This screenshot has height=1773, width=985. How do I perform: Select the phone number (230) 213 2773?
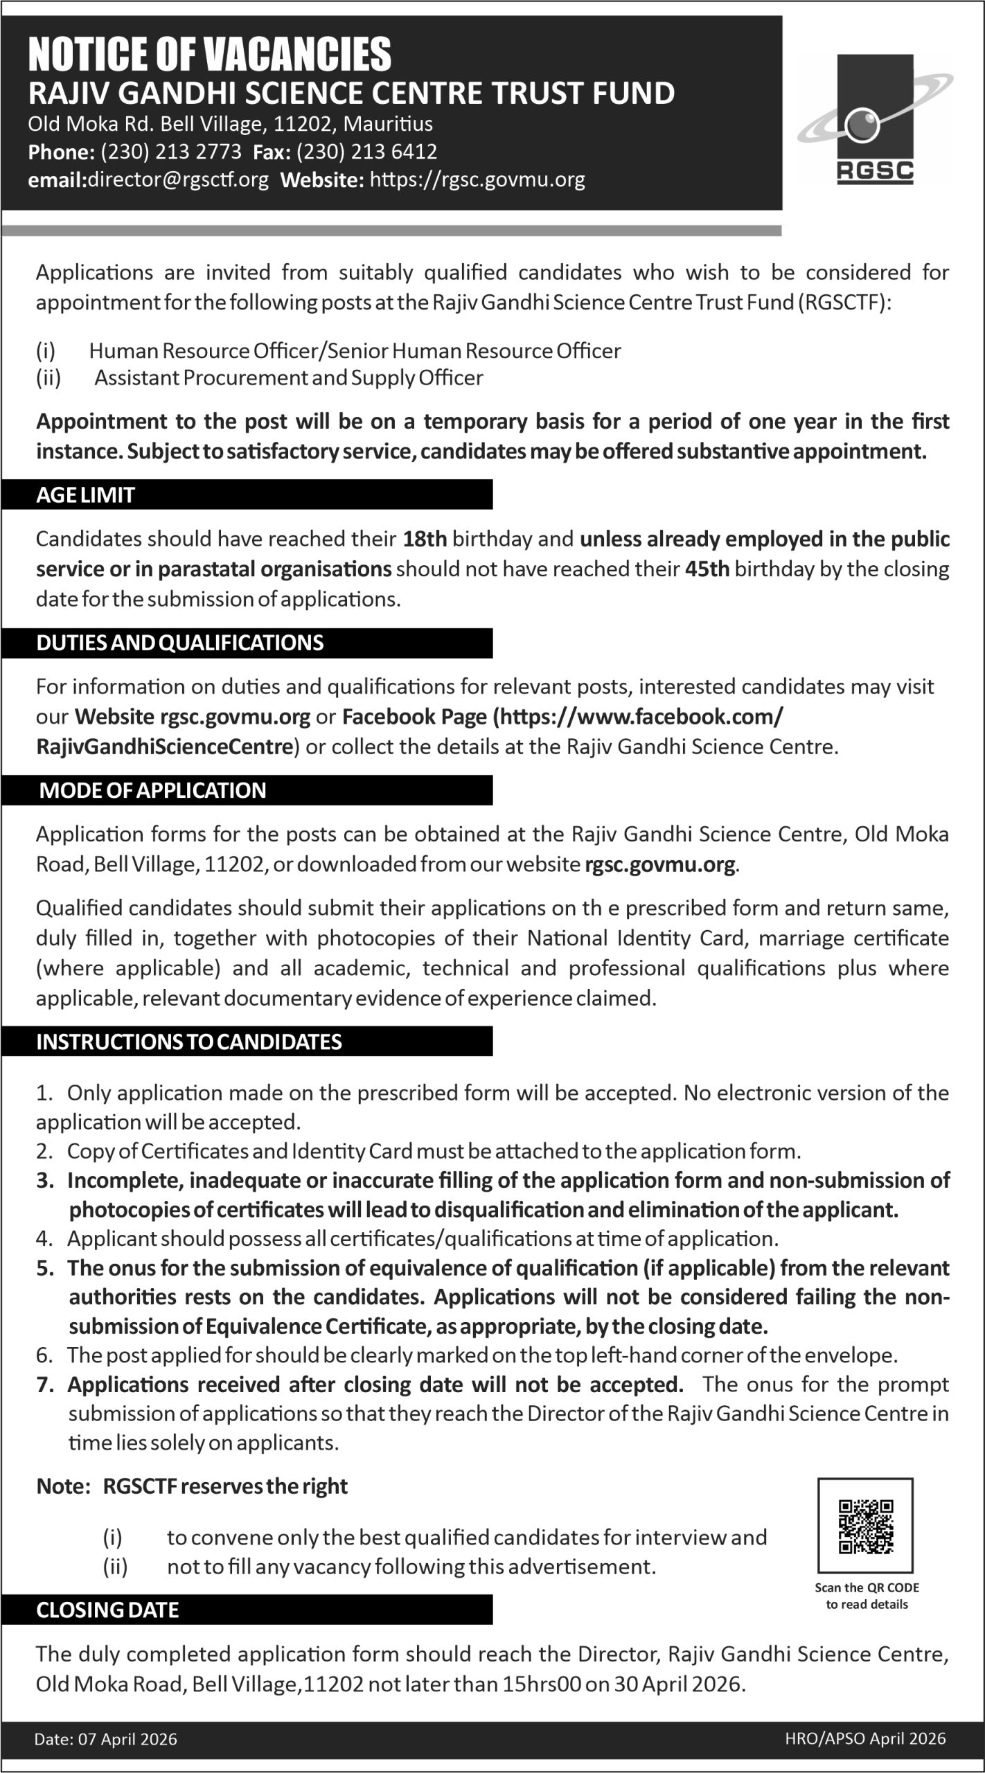tap(171, 152)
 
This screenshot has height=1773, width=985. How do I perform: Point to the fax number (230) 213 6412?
tap(367, 152)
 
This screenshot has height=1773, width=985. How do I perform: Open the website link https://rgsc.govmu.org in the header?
tap(478, 180)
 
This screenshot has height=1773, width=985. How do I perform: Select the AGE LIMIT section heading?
tap(85, 495)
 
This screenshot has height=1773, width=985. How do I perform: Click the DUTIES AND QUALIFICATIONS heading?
tap(180, 643)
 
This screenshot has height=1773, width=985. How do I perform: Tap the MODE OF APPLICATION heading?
tap(152, 790)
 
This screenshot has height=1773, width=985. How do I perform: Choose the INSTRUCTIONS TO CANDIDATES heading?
tap(189, 1042)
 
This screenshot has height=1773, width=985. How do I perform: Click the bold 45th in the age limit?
tap(707, 569)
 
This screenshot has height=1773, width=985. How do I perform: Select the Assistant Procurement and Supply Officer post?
tap(289, 378)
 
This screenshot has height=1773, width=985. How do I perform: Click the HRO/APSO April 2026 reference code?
tap(865, 1738)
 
